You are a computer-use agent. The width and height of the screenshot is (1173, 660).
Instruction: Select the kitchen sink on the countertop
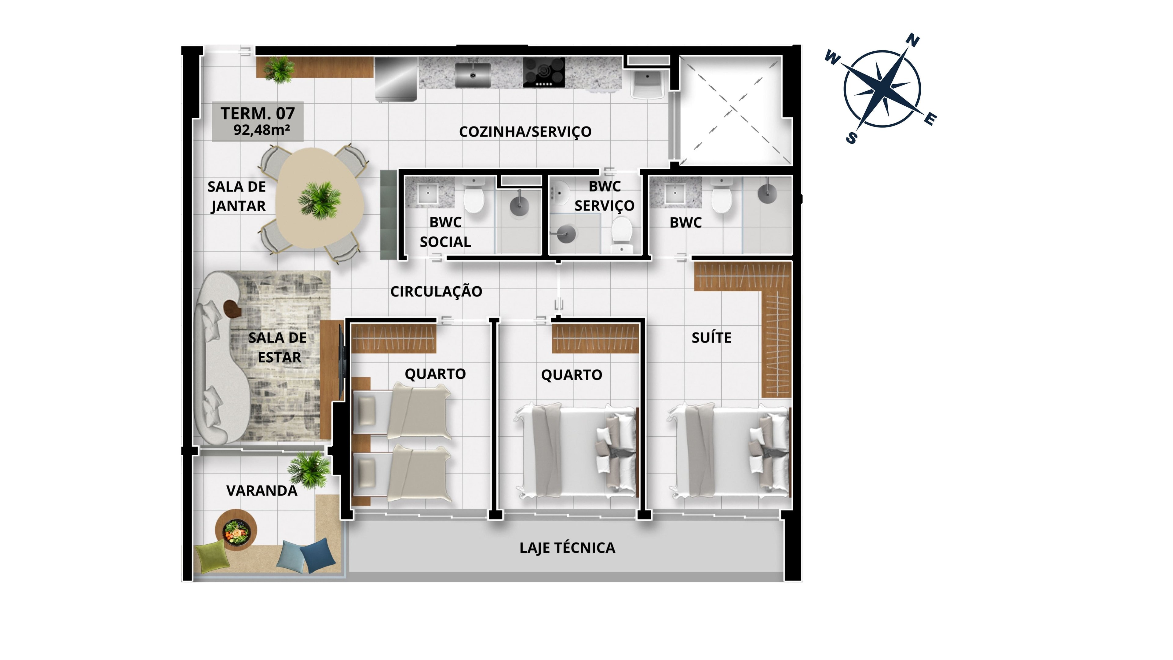(473, 75)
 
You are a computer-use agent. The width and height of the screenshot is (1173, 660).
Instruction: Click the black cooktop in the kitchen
(544, 72)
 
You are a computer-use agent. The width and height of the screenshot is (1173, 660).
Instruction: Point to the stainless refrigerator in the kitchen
(396, 79)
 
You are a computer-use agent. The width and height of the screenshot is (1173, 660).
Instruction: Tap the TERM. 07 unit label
(258, 113)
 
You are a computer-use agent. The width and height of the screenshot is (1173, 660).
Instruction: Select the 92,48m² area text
(262, 130)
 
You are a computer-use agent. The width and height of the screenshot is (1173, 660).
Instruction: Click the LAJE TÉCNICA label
(567, 548)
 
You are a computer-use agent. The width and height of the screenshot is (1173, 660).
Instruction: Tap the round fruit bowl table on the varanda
(236, 530)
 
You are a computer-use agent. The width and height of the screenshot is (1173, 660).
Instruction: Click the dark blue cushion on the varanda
(318, 556)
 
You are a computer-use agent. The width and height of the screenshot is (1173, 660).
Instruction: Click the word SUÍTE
(711, 338)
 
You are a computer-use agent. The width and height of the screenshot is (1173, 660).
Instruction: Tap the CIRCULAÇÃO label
(436, 291)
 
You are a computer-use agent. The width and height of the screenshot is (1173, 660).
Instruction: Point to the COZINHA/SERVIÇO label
(525, 132)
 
